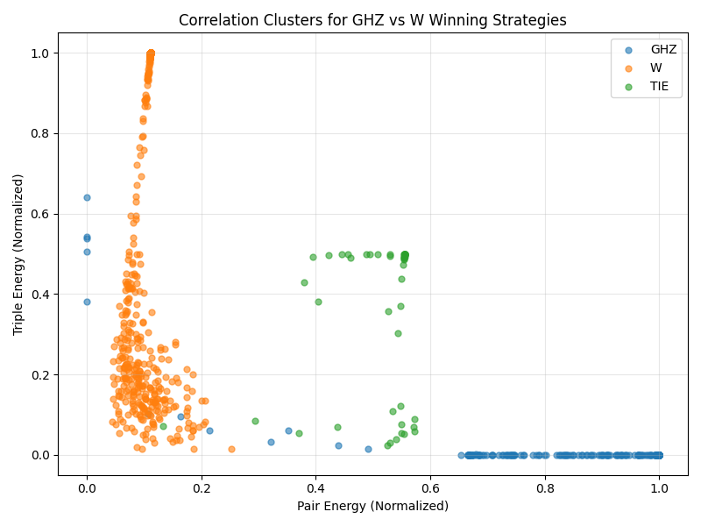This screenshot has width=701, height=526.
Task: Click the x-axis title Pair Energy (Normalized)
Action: (372, 506)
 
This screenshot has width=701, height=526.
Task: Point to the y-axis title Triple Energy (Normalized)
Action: (18, 253)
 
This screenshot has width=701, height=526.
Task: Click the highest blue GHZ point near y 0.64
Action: (87, 197)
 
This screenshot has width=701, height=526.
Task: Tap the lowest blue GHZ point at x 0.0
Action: (87, 302)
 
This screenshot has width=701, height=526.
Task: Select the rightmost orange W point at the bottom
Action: (231, 449)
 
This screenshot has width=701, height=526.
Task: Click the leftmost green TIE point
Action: (163, 426)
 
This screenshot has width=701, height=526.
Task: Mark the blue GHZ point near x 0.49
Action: (368, 449)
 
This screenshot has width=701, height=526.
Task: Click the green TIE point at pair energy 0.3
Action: (255, 421)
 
